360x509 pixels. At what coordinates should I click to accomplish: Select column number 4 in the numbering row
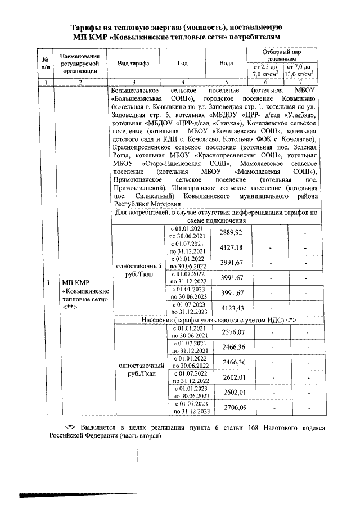[182, 82]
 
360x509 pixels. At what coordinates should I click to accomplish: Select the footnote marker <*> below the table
[70, 427]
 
